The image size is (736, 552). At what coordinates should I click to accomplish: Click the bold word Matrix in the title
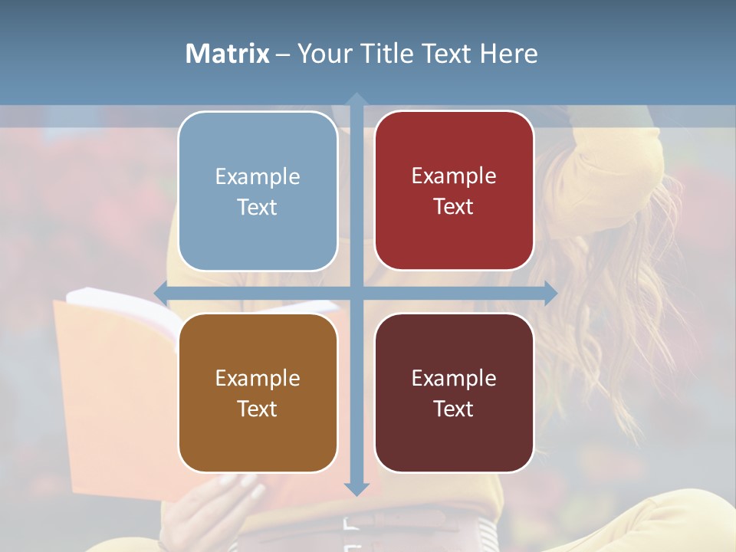[228, 54]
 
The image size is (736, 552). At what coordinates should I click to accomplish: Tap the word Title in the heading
[389, 54]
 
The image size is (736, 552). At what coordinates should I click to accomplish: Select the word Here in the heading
[509, 54]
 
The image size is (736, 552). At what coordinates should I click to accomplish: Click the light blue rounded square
[258, 191]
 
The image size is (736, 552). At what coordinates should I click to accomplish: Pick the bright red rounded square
[454, 191]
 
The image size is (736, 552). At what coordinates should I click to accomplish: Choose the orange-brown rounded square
[258, 393]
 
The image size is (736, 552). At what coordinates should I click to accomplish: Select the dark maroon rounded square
[454, 393]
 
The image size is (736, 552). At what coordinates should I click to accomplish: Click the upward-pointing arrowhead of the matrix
[356, 99]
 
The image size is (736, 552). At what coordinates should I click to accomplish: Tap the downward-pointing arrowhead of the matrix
[356, 489]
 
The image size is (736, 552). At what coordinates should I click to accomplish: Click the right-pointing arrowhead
[550, 293]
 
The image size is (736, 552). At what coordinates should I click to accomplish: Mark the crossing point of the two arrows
[356, 293]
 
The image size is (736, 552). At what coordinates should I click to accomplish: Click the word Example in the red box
[454, 176]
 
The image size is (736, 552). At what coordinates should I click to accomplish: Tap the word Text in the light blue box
[257, 207]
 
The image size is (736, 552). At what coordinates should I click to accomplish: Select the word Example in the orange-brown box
[257, 378]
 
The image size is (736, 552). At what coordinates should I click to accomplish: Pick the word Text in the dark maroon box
[454, 409]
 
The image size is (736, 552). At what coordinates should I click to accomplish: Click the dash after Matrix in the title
[283, 54]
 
